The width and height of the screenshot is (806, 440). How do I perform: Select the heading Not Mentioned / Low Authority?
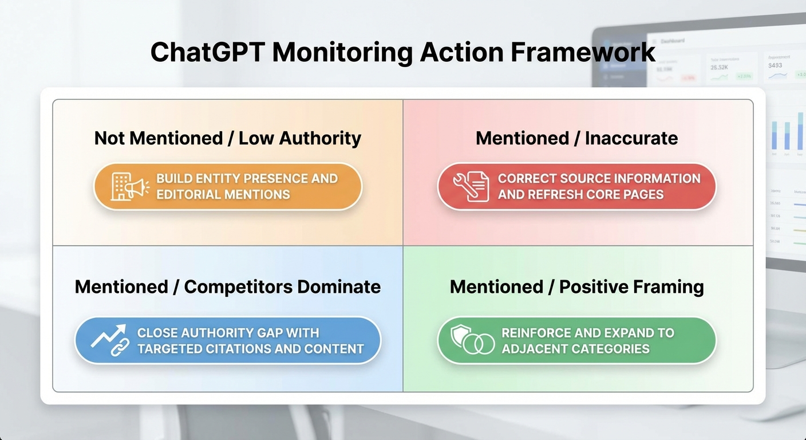pos(228,138)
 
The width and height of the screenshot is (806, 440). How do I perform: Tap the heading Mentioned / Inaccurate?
pos(576,138)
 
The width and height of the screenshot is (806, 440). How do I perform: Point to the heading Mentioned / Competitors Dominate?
pos(228,286)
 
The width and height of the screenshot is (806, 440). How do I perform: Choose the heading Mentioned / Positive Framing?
pos(576,286)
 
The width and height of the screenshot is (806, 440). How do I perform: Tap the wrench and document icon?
pos(471,187)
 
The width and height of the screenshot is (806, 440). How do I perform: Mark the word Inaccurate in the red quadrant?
pos(631,138)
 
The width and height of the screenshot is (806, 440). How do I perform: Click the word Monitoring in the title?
pos(342,52)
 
